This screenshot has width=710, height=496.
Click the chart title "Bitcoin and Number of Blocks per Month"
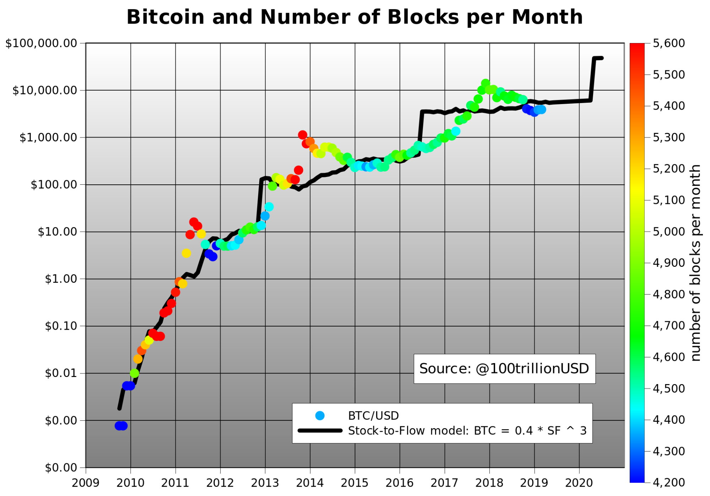coord(354,17)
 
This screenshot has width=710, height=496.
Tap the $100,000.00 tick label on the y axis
coord(41,43)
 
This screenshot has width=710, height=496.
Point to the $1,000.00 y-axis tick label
coord(48,138)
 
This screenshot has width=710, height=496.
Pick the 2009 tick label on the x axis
coord(86,483)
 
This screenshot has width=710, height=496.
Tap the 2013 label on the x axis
coord(265,483)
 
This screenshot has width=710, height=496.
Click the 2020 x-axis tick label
coord(579,483)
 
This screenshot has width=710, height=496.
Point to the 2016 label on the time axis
coord(400,483)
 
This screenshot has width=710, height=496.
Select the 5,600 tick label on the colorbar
coord(669,43)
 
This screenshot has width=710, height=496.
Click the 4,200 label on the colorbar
coord(669,482)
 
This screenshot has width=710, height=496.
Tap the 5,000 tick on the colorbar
coord(669,232)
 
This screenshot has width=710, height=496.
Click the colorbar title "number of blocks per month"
coord(695,263)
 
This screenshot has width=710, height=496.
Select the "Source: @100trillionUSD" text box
coord(504,368)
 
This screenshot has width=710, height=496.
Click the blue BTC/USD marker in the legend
coord(320,415)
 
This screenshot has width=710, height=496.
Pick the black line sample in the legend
coord(320,431)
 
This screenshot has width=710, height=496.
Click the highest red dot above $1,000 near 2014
coord(303,135)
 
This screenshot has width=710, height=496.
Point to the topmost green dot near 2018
coord(486,83)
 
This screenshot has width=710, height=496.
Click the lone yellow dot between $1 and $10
coord(186,253)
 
